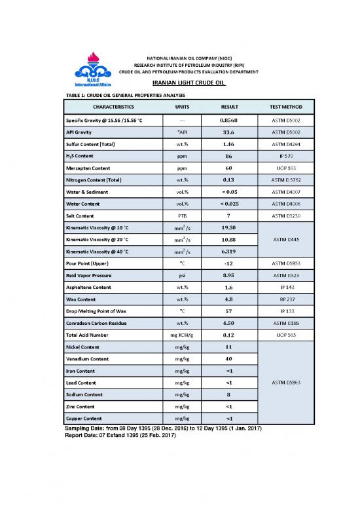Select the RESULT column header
pyautogui.click(x=229, y=106)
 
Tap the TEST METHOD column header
pyautogui.click(x=286, y=106)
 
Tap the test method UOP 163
pyautogui.click(x=286, y=168)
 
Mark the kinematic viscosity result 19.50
pyautogui.click(x=229, y=227)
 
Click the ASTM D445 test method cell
pyautogui.click(x=286, y=239)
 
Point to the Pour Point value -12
pyautogui.click(x=229, y=263)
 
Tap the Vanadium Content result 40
pyautogui.click(x=229, y=358)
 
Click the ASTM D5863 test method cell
pyautogui.click(x=286, y=383)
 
